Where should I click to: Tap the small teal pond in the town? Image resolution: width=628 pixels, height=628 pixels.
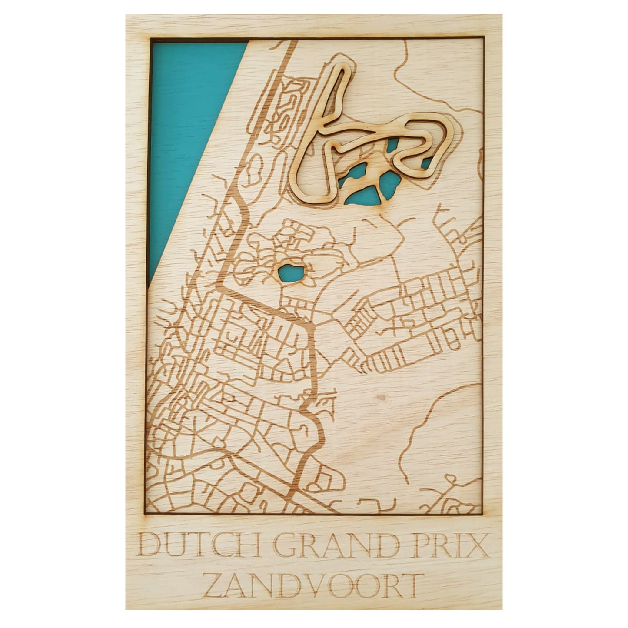tap(292, 273)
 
